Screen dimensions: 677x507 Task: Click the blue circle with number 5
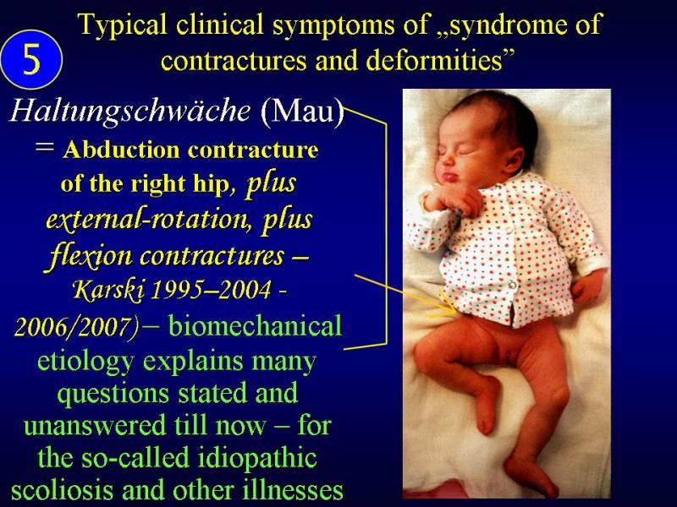pos(31,59)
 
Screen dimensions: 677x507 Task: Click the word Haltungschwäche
pos(130,112)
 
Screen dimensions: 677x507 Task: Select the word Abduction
pos(120,150)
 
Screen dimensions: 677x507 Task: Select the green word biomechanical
pos(255,326)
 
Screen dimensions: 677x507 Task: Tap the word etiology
pos(85,361)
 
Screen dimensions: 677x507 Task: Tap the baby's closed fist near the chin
pos(454,199)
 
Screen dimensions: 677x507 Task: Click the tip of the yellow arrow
pos(457,311)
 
